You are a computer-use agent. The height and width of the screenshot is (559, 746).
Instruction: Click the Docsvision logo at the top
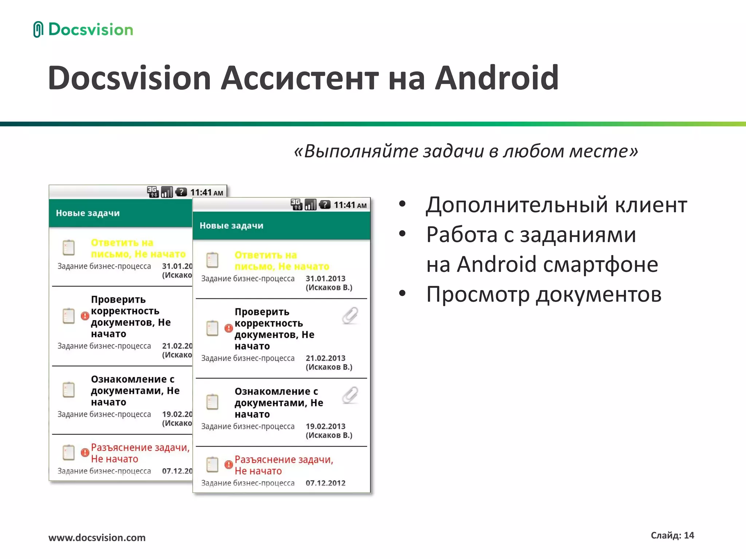(x=83, y=29)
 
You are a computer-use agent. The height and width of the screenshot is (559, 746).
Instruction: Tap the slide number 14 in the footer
(x=689, y=535)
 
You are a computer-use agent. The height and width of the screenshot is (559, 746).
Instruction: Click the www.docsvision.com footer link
(x=97, y=538)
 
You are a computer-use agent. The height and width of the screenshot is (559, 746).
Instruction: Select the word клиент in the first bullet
(x=651, y=205)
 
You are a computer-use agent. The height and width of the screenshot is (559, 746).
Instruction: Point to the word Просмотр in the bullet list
(x=478, y=294)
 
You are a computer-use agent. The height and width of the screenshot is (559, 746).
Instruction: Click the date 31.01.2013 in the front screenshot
(x=325, y=279)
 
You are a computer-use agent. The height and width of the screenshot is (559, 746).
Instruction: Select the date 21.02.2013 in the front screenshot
(x=325, y=358)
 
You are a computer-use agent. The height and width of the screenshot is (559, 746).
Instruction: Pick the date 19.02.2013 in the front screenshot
(x=325, y=427)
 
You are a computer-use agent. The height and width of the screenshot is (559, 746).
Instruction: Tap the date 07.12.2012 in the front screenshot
(x=325, y=483)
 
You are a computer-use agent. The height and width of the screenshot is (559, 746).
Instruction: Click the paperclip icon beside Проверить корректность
(x=350, y=316)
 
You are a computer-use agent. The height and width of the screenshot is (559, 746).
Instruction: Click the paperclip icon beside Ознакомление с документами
(x=350, y=395)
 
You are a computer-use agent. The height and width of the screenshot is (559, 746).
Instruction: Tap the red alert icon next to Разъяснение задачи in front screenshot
(x=229, y=465)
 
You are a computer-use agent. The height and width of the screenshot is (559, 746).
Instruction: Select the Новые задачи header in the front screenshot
(x=231, y=226)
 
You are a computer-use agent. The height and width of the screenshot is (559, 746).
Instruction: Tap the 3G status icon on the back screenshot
(x=153, y=192)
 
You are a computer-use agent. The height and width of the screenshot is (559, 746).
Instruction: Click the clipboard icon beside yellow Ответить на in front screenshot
(x=212, y=260)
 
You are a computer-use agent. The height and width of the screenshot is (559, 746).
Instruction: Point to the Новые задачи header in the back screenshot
(x=88, y=213)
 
